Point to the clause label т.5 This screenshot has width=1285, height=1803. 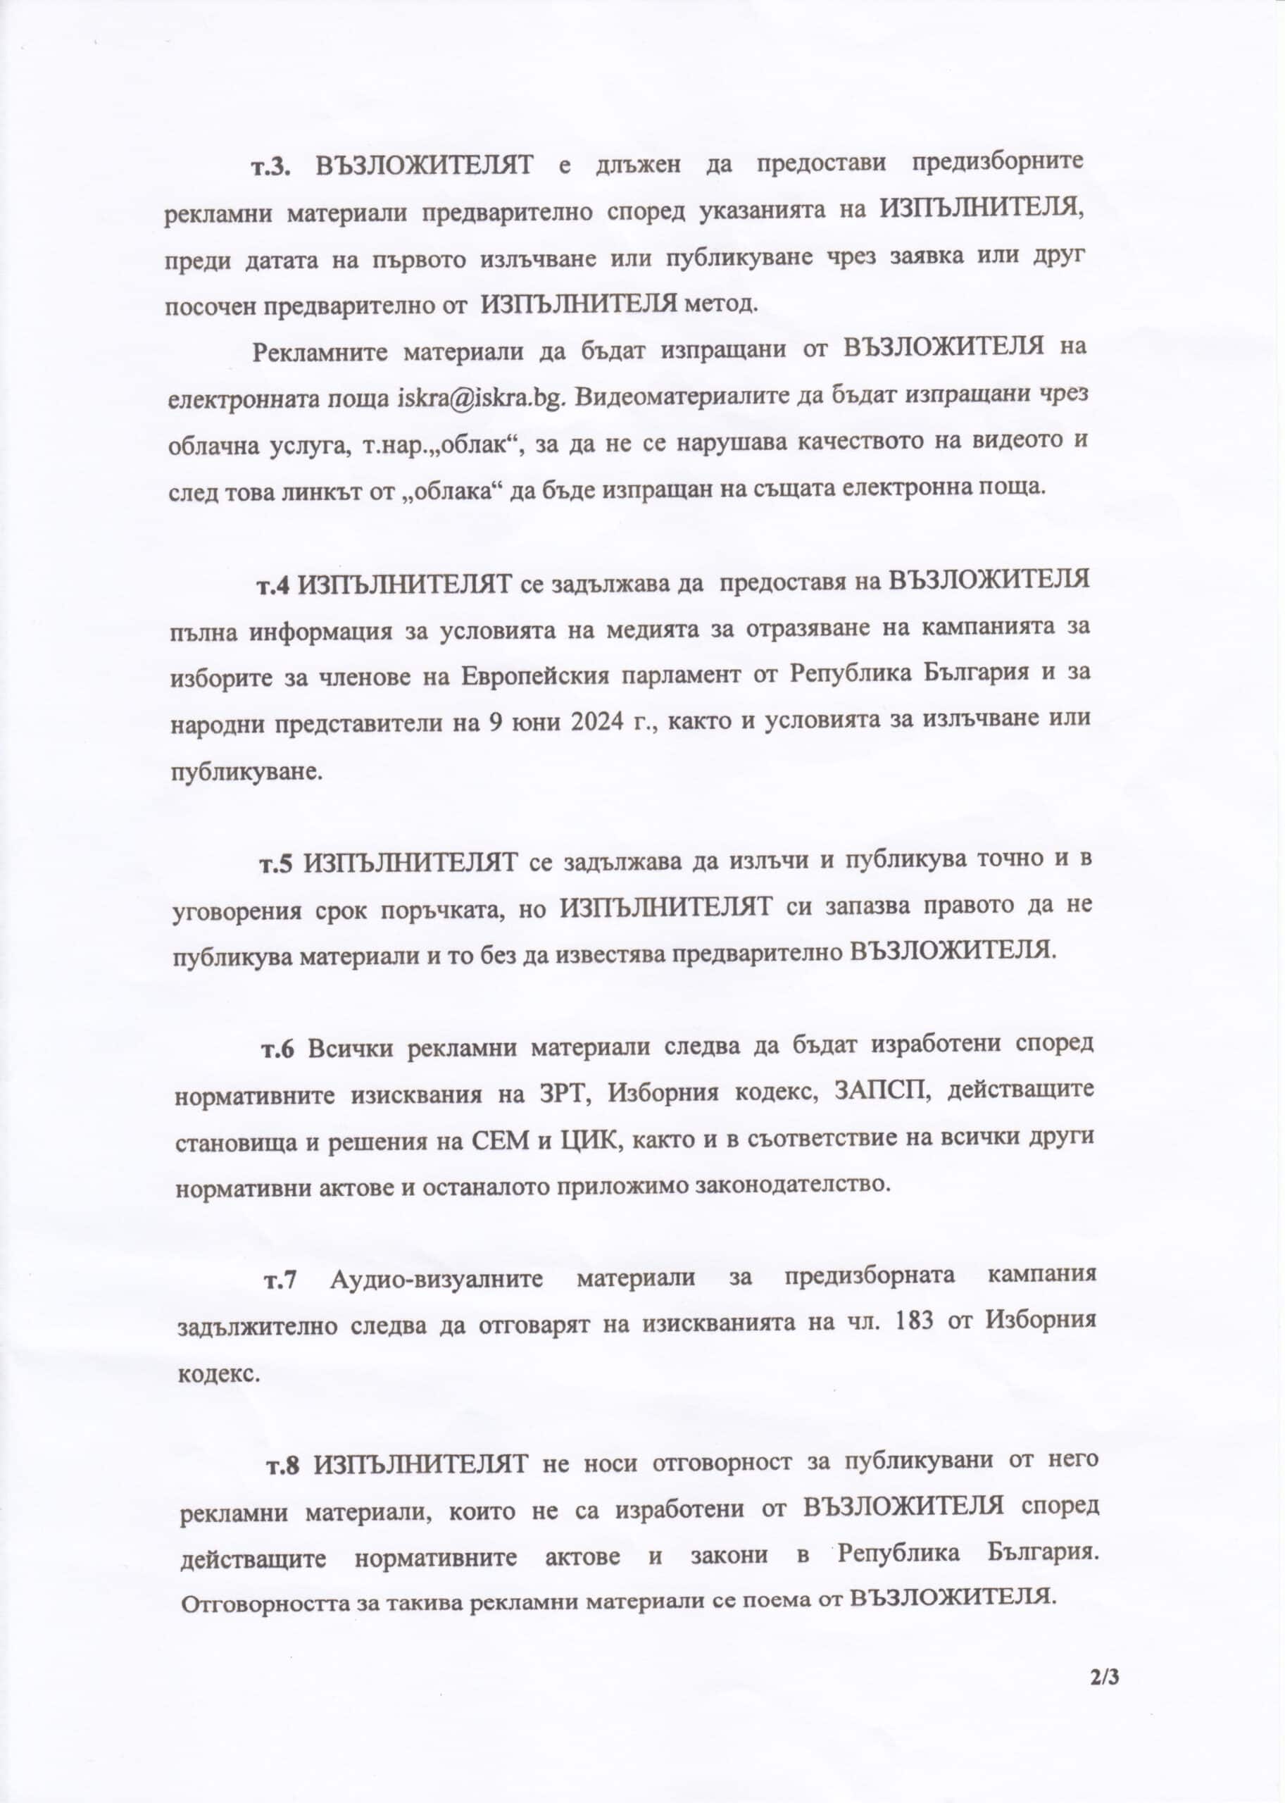(277, 863)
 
